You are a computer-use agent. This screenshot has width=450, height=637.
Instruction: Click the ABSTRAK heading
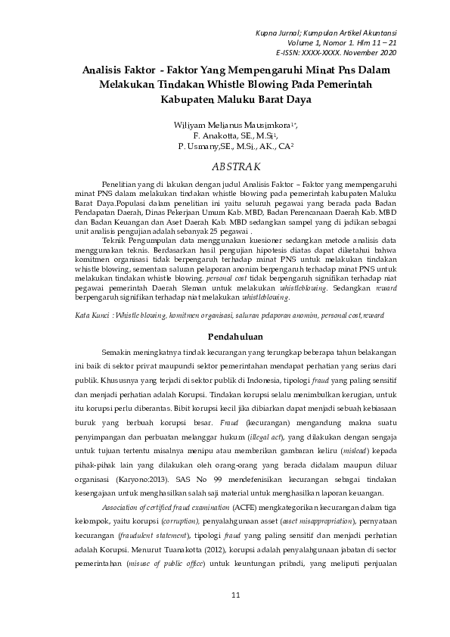pyautogui.click(x=236, y=166)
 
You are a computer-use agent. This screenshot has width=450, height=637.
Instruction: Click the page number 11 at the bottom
pyautogui.click(x=235, y=596)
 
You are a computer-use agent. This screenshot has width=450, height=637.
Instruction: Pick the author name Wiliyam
pyautogui.click(x=189, y=123)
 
